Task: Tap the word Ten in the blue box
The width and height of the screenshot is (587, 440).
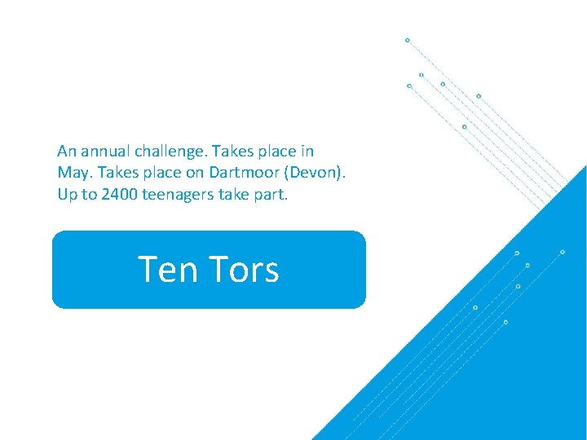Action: (167, 270)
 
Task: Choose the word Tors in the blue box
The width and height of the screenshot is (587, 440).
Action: (244, 270)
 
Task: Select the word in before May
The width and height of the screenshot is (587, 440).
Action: (307, 151)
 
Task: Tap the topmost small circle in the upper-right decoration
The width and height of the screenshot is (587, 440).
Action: (407, 40)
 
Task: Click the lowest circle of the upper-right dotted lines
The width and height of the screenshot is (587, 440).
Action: (464, 126)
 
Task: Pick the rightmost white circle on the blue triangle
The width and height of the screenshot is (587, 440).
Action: (562, 252)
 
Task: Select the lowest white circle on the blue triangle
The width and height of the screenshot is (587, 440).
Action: (505, 322)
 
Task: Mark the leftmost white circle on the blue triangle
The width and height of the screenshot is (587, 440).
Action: (475, 307)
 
